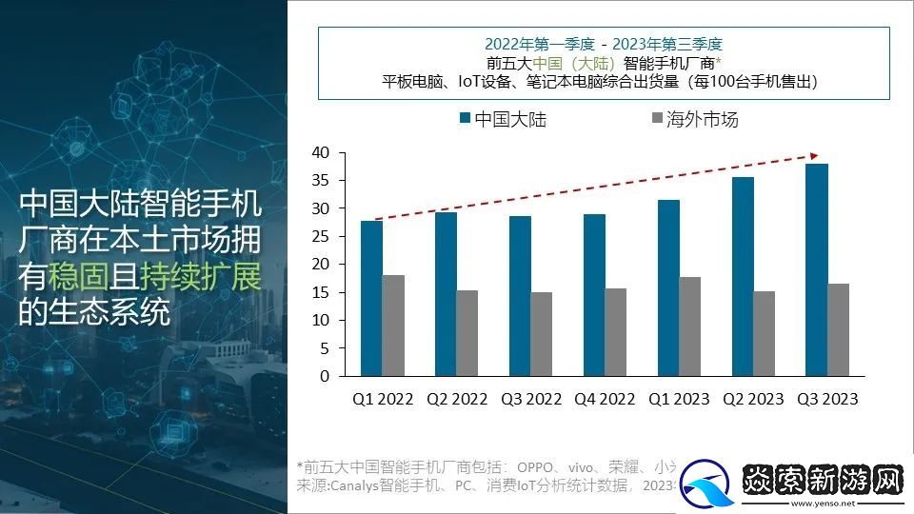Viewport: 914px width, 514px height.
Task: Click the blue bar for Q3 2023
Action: point(817,270)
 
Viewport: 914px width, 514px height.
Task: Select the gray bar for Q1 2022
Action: point(392,326)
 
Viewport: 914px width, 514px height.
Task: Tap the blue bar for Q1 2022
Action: point(371,299)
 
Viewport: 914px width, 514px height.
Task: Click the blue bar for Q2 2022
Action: point(445,294)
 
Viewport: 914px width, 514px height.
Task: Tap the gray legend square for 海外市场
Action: point(655,119)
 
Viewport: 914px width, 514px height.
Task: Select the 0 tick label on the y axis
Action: point(324,377)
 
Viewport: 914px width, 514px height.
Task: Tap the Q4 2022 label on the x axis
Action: point(605,399)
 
